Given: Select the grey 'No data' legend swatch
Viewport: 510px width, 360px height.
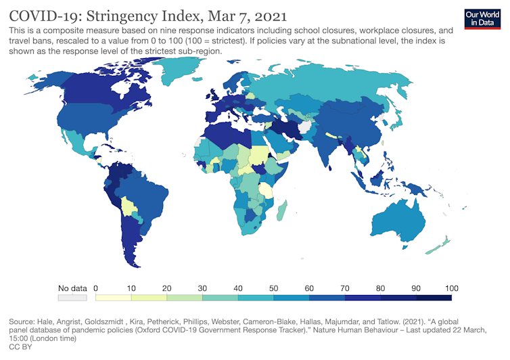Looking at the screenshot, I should (x=72, y=297).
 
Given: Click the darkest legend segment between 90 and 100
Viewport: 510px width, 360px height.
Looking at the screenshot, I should (x=433, y=297).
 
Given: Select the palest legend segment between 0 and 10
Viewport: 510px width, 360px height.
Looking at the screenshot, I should (x=114, y=297).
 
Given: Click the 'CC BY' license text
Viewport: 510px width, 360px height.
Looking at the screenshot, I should (x=20, y=346).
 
